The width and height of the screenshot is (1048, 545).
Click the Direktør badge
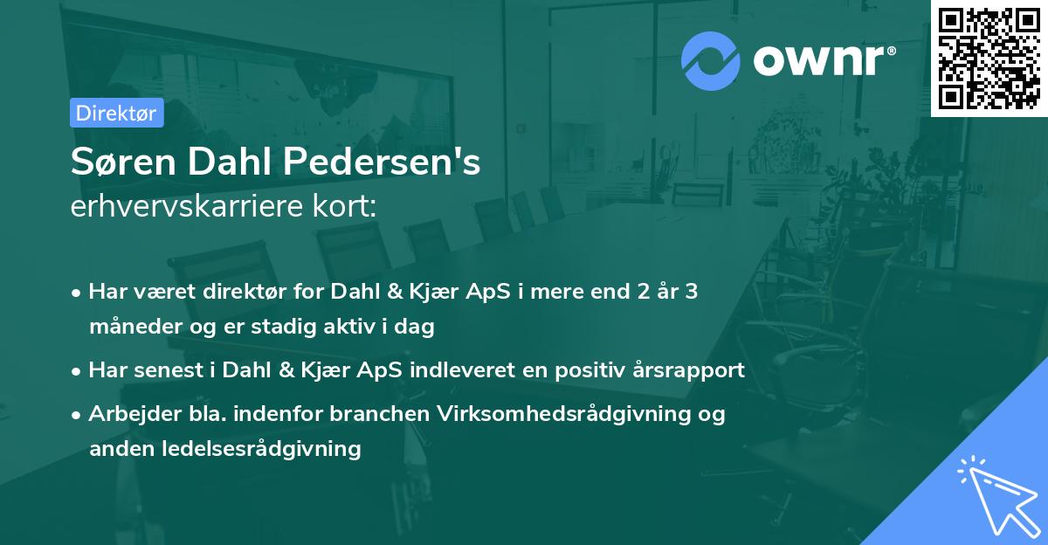click(x=116, y=113)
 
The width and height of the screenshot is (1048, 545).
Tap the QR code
click(x=989, y=59)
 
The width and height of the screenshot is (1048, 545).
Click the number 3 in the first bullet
click(x=691, y=292)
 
